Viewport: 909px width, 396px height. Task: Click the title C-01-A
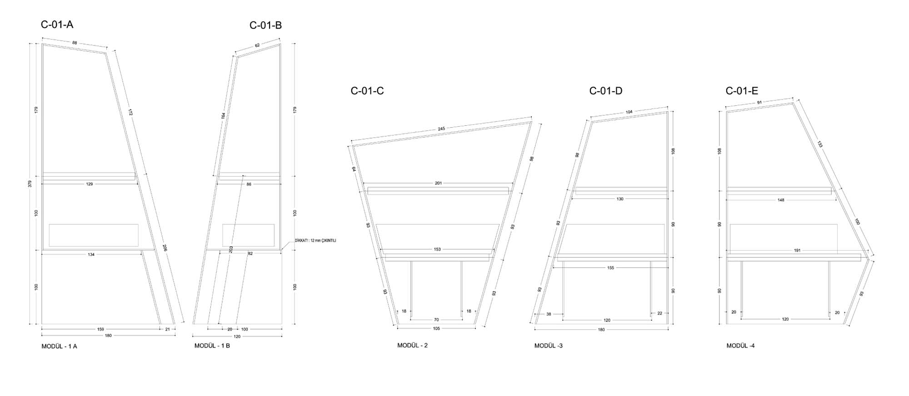pyautogui.click(x=57, y=25)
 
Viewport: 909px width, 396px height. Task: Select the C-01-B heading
pyautogui.click(x=265, y=25)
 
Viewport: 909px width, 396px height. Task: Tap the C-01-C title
pyautogui.click(x=367, y=91)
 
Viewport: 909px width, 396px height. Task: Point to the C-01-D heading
pyautogui.click(x=606, y=91)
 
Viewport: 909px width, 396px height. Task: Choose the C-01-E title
pyautogui.click(x=742, y=91)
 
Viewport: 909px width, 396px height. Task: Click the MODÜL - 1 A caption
pyautogui.click(x=60, y=346)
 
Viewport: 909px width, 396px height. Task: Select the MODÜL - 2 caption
pyautogui.click(x=413, y=345)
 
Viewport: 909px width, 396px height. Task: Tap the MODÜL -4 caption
pyautogui.click(x=741, y=346)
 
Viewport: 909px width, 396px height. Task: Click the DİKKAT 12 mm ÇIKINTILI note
pyautogui.click(x=315, y=241)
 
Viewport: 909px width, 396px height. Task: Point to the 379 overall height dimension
pyautogui.click(x=30, y=184)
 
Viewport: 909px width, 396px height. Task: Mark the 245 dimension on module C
pyautogui.click(x=441, y=129)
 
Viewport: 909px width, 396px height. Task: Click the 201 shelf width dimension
pyautogui.click(x=438, y=183)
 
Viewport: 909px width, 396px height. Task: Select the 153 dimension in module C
pyautogui.click(x=437, y=249)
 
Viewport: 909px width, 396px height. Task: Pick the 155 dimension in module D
pyautogui.click(x=610, y=268)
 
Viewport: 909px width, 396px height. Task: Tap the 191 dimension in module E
pyautogui.click(x=784, y=250)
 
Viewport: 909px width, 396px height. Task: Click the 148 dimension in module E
pyautogui.click(x=781, y=200)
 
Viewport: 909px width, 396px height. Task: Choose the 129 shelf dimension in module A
pyautogui.click(x=90, y=184)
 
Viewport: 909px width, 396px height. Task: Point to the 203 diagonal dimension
pyautogui.click(x=231, y=250)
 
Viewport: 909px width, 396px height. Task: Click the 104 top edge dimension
pyautogui.click(x=629, y=112)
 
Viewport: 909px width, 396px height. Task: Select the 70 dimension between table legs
pyautogui.click(x=436, y=320)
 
